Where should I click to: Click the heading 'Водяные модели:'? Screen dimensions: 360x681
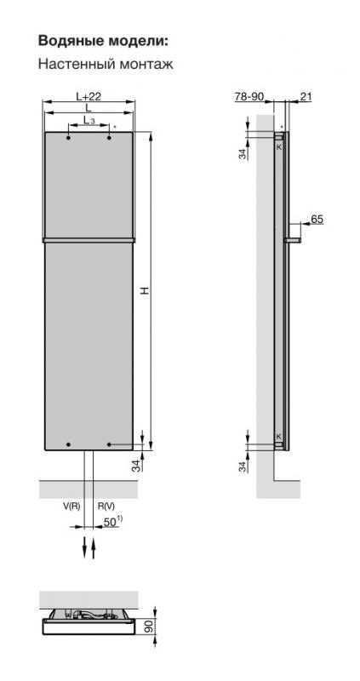tap(103, 41)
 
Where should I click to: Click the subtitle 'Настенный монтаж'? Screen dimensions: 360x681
tap(106, 65)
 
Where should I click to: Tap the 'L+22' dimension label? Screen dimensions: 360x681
tap(89, 96)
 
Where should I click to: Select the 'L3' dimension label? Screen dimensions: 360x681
tap(89, 120)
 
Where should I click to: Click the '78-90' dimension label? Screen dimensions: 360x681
tap(249, 96)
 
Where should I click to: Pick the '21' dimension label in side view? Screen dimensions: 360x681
tap(306, 96)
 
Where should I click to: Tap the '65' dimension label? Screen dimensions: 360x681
tap(317, 220)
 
